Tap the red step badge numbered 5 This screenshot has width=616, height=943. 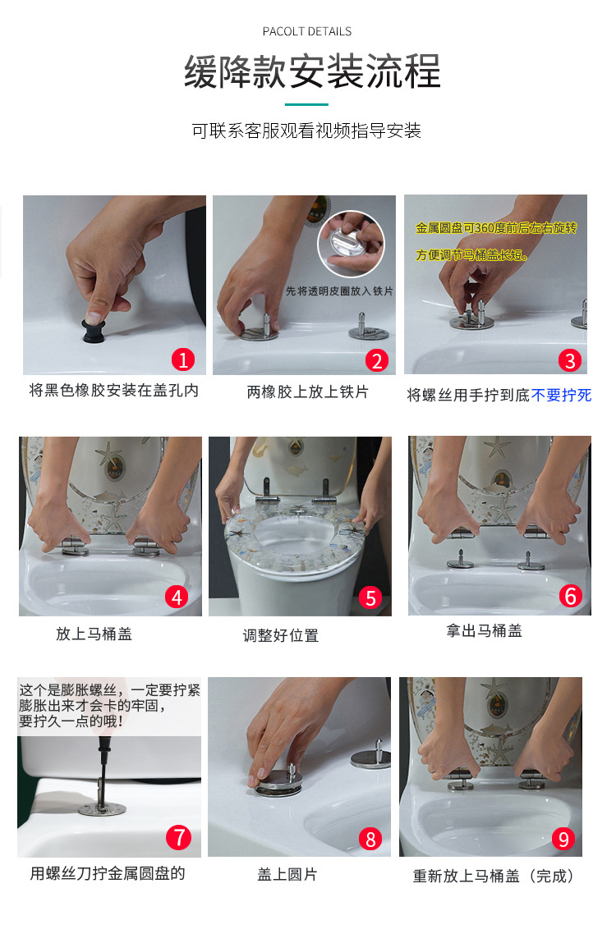[x=370, y=597]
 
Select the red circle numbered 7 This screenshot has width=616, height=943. [x=178, y=837]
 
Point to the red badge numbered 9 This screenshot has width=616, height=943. [x=563, y=838]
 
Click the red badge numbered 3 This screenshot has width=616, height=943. [x=570, y=360]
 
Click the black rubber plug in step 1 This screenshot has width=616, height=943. [x=94, y=331]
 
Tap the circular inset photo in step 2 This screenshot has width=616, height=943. [x=351, y=244]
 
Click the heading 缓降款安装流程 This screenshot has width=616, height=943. [x=312, y=71]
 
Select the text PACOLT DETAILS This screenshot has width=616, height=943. [x=307, y=31]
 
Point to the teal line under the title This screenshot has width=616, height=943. [x=306, y=105]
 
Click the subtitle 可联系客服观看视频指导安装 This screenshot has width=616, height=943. [x=306, y=130]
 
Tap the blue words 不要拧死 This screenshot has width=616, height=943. [x=561, y=395]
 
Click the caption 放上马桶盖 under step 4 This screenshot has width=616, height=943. [x=94, y=634]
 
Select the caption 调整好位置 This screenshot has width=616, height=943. [x=281, y=635]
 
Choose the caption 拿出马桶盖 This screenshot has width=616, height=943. [x=484, y=631]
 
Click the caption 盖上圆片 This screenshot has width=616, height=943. [x=287, y=874]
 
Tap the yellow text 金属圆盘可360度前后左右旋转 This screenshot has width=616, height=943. [x=496, y=228]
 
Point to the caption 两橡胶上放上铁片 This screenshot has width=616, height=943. [x=308, y=392]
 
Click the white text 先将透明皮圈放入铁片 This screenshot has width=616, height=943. [x=339, y=291]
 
